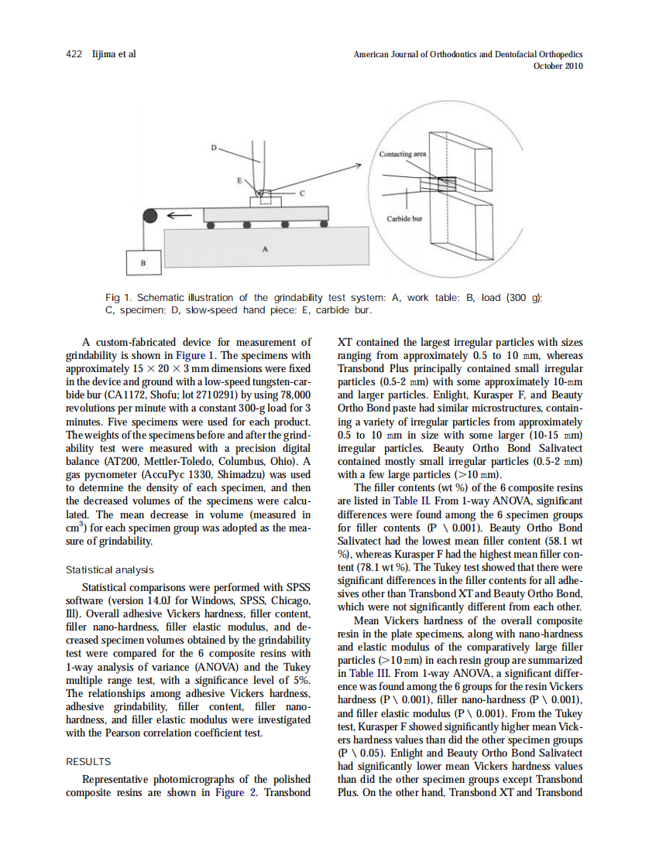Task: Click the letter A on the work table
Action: pyautogui.click(x=266, y=250)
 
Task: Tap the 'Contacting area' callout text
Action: pyautogui.click(x=402, y=154)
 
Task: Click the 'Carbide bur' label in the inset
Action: pyautogui.click(x=404, y=218)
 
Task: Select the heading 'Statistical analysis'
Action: pyautogui.click(x=109, y=570)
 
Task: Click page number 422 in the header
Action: pyautogui.click(x=74, y=54)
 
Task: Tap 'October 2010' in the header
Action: pyautogui.click(x=558, y=66)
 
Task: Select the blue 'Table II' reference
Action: pyautogui.click(x=407, y=501)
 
